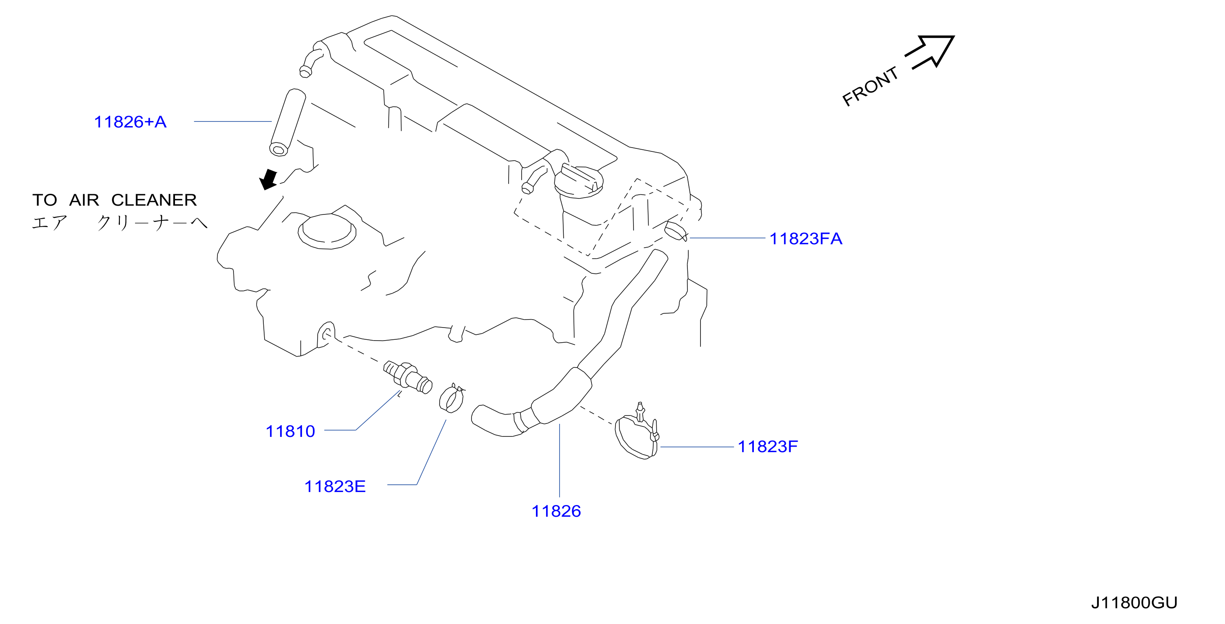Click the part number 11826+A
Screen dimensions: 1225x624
(x=130, y=122)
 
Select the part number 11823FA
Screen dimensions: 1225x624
(x=806, y=238)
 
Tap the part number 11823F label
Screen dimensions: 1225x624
(x=768, y=447)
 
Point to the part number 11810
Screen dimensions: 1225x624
(x=290, y=431)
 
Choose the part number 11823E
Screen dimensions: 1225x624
(x=335, y=487)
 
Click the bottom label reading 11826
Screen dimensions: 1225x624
(x=556, y=511)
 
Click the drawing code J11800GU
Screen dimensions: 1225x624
(x=1134, y=603)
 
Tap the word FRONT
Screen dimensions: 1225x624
(x=870, y=87)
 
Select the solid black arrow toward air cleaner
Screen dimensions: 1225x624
(x=269, y=180)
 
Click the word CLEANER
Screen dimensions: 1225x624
(x=154, y=200)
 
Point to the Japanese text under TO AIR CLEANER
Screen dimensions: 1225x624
(x=119, y=222)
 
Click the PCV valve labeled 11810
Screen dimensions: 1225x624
(x=408, y=377)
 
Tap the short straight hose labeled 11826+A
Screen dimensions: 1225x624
(x=288, y=122)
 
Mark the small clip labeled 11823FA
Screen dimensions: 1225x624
(x=676, y=230)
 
